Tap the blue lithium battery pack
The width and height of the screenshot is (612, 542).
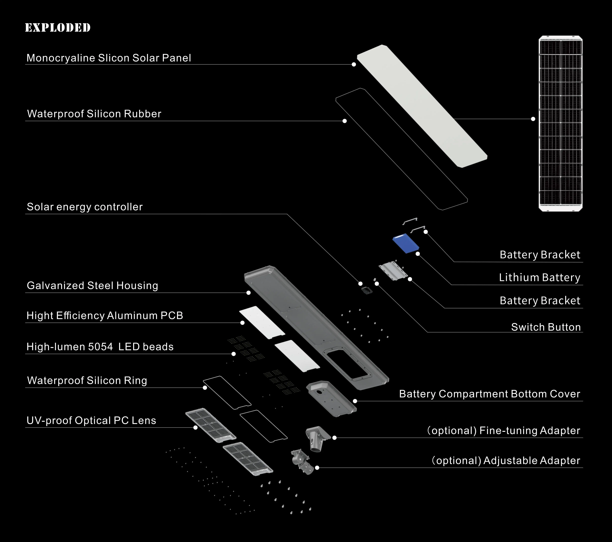[406, 243]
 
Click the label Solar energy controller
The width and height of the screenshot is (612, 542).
[85, 207]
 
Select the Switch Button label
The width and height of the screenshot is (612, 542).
[546, 327]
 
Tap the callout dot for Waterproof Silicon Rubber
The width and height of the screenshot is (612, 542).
[345, 121]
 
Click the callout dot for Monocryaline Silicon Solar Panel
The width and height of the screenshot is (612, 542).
[354, 64]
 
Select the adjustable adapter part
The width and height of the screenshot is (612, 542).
[301, 461]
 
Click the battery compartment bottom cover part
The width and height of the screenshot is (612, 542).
[331, 398]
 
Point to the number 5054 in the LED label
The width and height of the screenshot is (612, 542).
[100, 347]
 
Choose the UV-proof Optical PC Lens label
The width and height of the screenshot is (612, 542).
[91, 420]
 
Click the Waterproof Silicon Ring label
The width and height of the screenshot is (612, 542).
[87, 380]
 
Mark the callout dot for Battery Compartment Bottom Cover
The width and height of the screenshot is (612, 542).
[355, 401]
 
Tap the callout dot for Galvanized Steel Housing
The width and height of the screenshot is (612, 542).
[248, 293]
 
